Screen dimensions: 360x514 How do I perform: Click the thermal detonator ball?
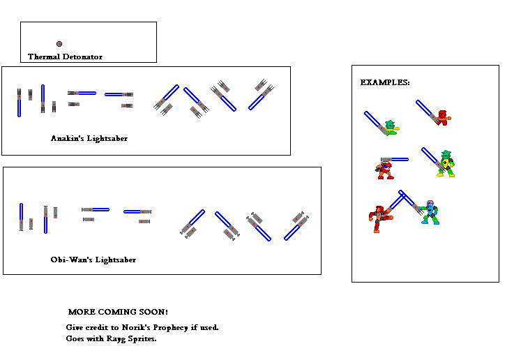point(59,44)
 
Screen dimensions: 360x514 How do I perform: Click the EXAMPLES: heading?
point(385,82)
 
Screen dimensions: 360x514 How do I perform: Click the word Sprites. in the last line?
point(142,339)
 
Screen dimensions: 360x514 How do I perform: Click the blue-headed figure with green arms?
point(430,212)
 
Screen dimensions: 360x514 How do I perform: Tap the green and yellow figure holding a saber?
point(446,164)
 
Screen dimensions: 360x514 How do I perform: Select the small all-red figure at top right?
point(442,118)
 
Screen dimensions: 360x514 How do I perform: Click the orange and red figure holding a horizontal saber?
point(385,168)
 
